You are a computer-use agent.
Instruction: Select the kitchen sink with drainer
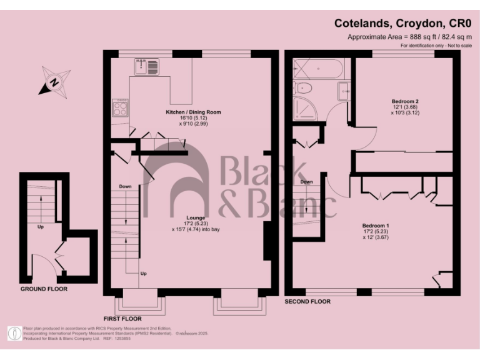tap(146, 65)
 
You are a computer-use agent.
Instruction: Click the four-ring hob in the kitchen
tap(120, 109)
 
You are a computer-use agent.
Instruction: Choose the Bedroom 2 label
tap(405, 101)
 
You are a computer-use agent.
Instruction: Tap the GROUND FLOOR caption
tap(44, 289)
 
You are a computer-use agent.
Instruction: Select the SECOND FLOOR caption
tap(307, 302)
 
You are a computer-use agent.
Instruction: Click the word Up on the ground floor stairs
tap(41, 227)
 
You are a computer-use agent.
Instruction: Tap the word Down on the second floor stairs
tap(306, 182)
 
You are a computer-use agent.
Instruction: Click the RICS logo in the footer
tap(14, 334)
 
